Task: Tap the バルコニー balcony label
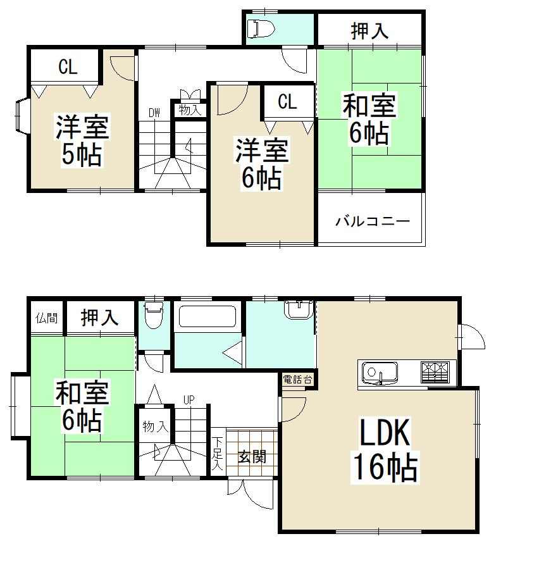click(373, 221)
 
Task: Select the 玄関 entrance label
click(252, 456)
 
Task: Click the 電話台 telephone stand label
click(297, 380)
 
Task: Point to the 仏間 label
click(47, 318)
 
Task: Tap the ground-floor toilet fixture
click(154, 314)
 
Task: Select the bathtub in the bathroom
click(208, 316)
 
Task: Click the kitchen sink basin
click(380, 373)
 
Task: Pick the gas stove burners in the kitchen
click(435, 371)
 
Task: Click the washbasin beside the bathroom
click(299, 309)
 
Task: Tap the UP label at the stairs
click(189, 400)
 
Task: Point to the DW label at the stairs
click(154, 113)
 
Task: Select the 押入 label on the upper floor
click(369, 30)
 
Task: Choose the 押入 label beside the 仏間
click(99, 318)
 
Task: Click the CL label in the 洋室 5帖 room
click(68, 67)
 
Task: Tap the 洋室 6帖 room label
click(261, 164)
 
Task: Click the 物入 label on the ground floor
click(155, 426)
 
